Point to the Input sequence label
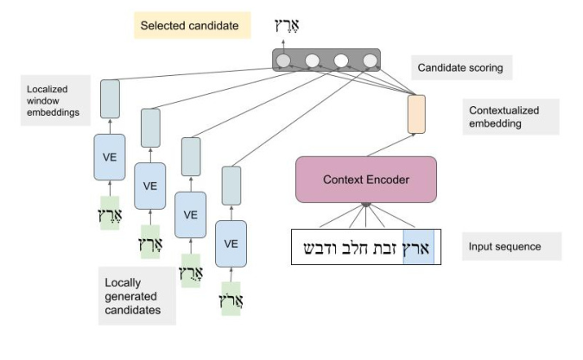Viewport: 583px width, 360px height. pyautogui.click(x=505, y=247)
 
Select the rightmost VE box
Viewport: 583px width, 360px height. pyautogui.click(x=231, y=243)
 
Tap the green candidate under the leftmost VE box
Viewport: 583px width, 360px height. pyautogui.click(x=109, y=213)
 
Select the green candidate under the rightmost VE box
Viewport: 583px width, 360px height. pyautogui.click(x=231, y=299)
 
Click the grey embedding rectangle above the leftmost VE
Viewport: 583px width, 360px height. pyautogui.click(x=110, y=99)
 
